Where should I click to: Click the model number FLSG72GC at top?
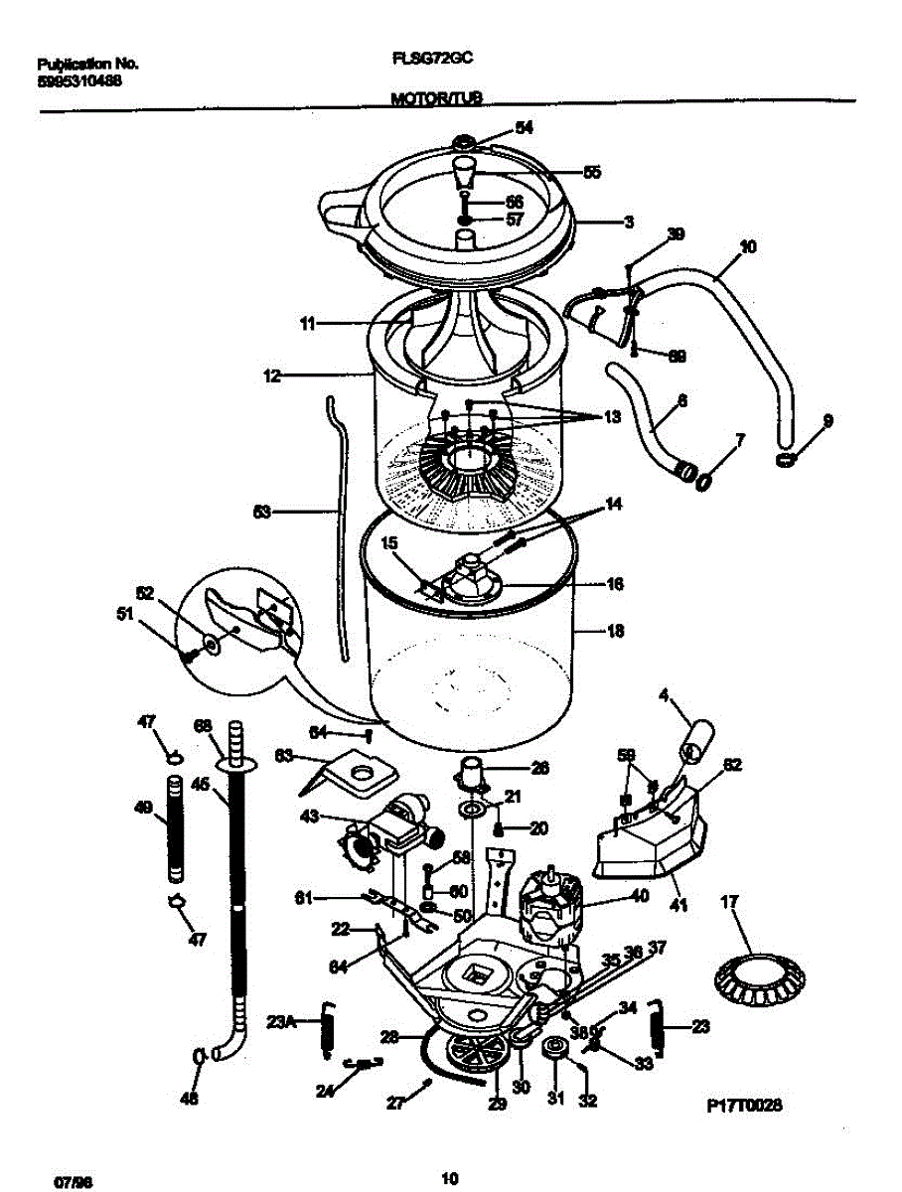[x=431, y=59]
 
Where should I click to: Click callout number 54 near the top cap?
[x=524, y=127]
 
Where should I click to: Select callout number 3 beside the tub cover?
[x=629, y=223]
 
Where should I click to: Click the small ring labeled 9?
[x=787, y=459]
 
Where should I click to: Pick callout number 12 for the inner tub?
[x=271, y=376]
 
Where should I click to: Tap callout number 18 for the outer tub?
[x=615, y=630]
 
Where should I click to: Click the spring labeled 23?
[x=657, y=1027]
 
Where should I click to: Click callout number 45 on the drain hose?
[x=199, y=785]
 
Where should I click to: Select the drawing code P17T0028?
[x=744, y=1105]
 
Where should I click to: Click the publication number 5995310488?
[x=78, y=81]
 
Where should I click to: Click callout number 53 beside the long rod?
[x=261, y=513]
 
